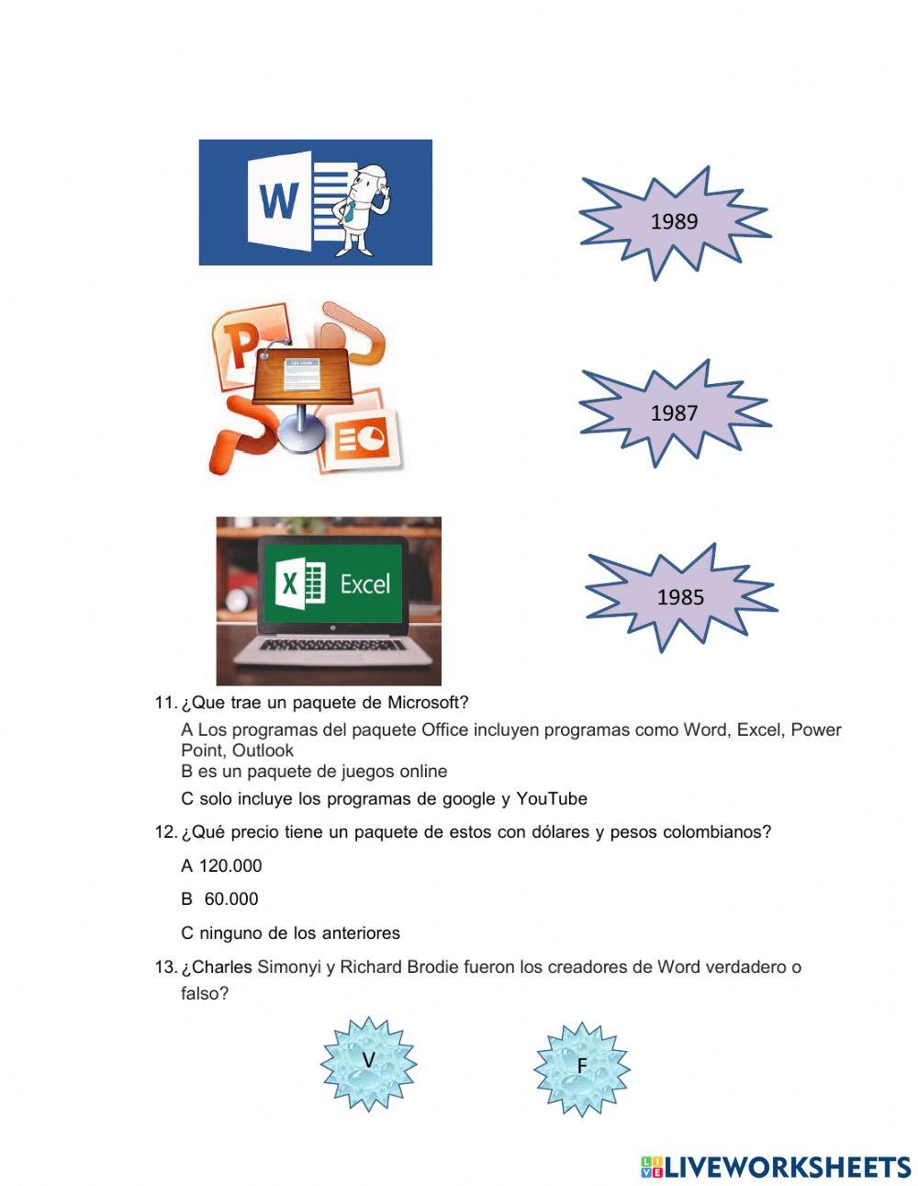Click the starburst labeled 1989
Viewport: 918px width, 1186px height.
(674, 221)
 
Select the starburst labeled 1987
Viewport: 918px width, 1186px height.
(674, 413)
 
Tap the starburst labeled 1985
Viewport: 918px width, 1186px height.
(680, 597)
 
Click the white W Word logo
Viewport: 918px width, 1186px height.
(278, 200)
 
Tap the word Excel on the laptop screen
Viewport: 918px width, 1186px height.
(364, 584)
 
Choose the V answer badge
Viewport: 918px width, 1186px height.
(368, 1062)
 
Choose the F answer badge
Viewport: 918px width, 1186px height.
(581, 1067)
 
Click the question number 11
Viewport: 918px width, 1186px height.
(165, 703)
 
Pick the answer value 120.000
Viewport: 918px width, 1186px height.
(230, 865)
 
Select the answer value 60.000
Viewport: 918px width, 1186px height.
(231, 899)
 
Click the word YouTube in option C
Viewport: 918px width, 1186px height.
(552, 798)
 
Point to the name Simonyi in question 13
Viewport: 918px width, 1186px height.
(289, 966)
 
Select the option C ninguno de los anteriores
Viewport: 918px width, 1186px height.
(291, 933)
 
